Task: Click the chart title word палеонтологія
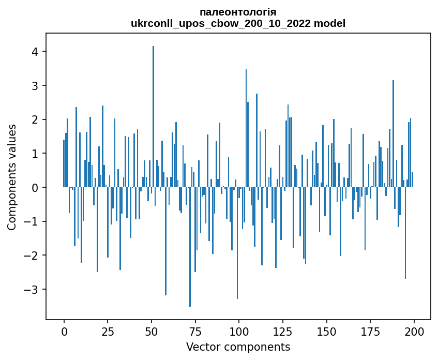pyautogui.click(x=238, y=12)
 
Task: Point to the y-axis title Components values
pyautogui.click(x=12, y=177)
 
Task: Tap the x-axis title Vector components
pyautogui.click(x=238, y=347)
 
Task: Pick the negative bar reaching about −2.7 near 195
pyautogui.click(x=405, y=233)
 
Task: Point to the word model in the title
pyautogui.click(x=332, y=24)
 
